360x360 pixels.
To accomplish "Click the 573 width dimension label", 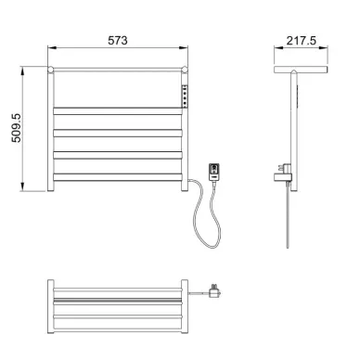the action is coord(118,41).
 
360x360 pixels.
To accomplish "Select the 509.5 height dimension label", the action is coord(17,128).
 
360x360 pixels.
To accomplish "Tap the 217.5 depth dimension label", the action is coord(302,41).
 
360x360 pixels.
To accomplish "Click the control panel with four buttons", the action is coord(185,96).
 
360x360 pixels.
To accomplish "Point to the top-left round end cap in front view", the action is coord(50,70).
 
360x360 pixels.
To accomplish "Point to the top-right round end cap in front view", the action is coord(185,70).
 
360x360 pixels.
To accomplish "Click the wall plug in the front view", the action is coord(214,172).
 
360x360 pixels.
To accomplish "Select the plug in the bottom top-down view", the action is coord(214,291).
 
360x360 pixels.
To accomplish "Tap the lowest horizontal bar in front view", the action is coord(118,177).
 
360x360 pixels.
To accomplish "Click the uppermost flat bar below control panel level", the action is coord(118,111).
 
